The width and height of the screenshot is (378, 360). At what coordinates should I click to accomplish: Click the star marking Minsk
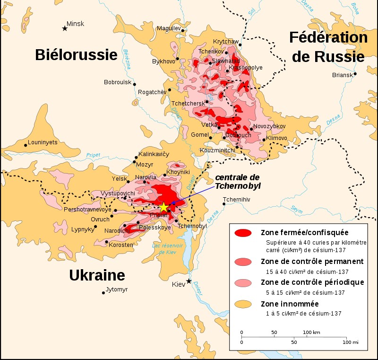(x=65, y=28)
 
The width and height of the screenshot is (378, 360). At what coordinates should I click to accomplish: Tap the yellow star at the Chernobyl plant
(x=163, y=207)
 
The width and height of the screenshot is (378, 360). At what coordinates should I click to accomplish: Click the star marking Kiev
(x=189, y=281)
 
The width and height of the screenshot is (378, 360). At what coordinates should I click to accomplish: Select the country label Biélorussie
(x=76, y=55)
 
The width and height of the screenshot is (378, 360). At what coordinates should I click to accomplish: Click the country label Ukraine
(x=97, y=275)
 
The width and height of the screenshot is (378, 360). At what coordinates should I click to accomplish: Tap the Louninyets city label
(x=43, y=141)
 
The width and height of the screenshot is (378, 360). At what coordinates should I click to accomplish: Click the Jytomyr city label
(x=117, y=290)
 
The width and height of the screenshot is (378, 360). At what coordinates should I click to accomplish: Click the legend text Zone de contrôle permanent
(x=312, y=261)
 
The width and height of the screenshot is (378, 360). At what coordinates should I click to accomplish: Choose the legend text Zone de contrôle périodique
(x=312, y=282)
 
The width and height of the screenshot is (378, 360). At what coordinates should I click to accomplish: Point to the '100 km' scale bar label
(x=311, y=333)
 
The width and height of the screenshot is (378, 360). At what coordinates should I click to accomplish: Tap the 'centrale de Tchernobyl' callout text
(x=238, y=181)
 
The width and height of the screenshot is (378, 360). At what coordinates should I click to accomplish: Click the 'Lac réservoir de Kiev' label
(x=166, y=249)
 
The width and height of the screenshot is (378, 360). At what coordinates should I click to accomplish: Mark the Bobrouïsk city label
(x=118, y=82)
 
